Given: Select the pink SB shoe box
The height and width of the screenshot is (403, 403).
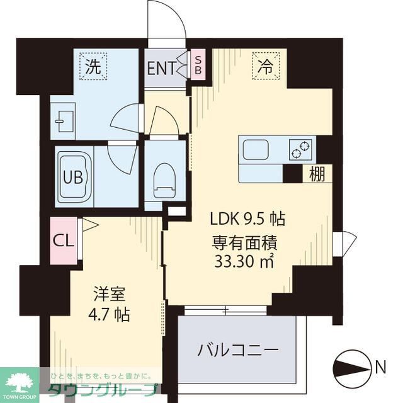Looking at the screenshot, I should click(x=197, y=65).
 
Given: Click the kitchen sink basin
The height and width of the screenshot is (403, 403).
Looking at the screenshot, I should click(x=256, y=150).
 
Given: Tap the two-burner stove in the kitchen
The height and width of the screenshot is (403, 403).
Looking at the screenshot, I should click(x=300, y=150).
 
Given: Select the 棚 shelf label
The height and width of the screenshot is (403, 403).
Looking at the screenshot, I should click(x=317, y=174).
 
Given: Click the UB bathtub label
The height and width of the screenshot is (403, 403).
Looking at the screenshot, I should click(x=72, y=176).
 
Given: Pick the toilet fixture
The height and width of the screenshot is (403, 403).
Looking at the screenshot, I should click(x=164, y=176).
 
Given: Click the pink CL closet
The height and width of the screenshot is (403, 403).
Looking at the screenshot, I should click(x=63, y=240).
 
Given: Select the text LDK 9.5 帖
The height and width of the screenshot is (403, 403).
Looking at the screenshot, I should click(x=247, y=219).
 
